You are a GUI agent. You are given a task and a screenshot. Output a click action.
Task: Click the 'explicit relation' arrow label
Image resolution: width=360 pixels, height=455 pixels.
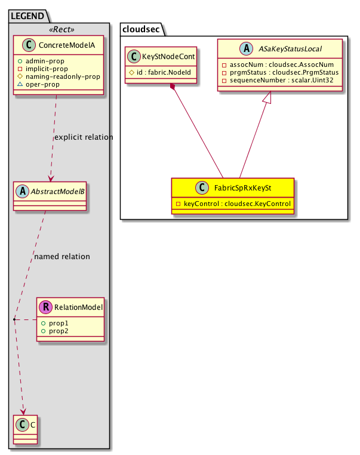click(83, 137)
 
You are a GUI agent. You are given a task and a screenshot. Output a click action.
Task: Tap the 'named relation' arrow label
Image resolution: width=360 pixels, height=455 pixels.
click(62, 257)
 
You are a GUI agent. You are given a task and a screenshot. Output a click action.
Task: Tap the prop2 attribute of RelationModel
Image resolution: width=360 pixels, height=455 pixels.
click(60, 331)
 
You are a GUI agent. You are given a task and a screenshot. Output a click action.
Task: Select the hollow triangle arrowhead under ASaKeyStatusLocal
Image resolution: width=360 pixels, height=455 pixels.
click(271, 96)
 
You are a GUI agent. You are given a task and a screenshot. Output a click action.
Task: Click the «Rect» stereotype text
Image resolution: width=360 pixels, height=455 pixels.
click(57, 29)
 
